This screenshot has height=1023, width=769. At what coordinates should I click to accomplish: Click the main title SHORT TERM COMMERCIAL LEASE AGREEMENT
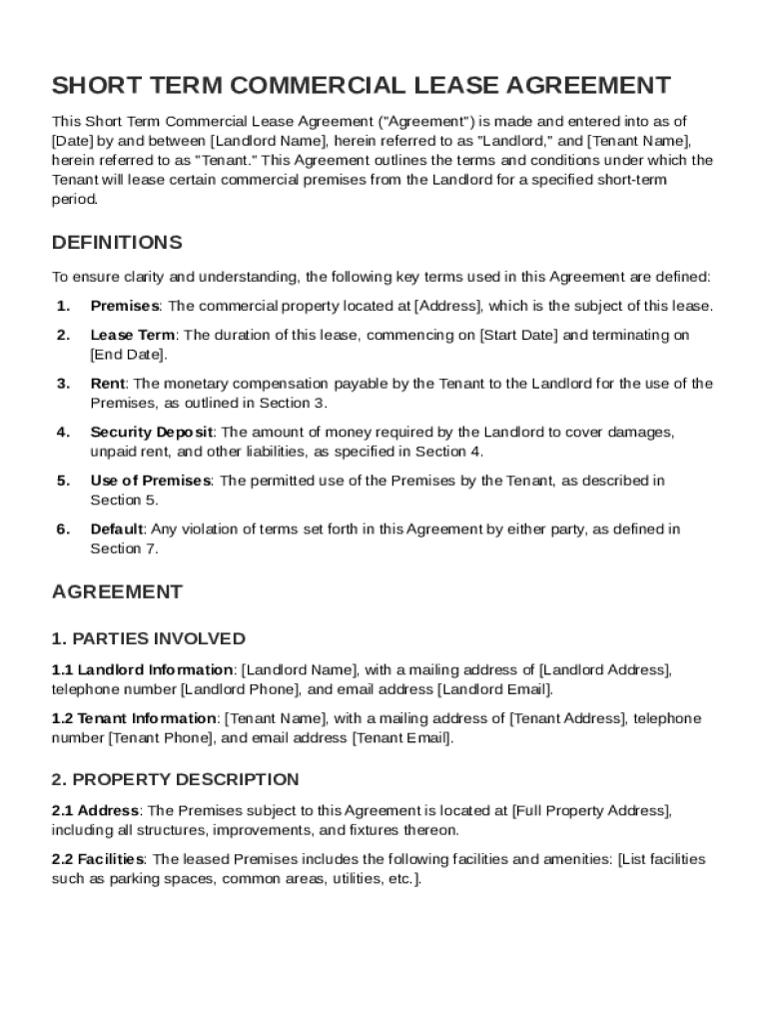(361, 85)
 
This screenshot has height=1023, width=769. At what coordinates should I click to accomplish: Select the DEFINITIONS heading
(117, 243)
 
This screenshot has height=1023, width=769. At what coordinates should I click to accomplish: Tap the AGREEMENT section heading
(117, 591)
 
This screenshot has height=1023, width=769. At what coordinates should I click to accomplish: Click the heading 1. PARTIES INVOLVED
(148, 638)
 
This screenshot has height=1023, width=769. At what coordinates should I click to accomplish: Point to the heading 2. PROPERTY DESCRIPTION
(175, 779)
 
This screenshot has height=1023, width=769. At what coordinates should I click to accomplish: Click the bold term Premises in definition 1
(124, 306)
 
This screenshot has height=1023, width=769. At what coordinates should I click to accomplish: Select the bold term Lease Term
(132, 336)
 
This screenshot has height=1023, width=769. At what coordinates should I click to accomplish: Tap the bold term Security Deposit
(152, 433)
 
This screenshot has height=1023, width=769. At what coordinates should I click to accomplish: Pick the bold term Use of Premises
(150, 481)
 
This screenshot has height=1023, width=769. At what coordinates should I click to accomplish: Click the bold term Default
(117, 529)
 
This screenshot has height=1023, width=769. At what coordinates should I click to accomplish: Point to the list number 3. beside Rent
(63, 384)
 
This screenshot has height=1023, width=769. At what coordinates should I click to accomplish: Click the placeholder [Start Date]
(519, 336)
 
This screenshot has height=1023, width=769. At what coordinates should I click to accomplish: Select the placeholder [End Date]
(128, 355)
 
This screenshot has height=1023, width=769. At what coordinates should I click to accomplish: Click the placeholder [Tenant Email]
(401, 738)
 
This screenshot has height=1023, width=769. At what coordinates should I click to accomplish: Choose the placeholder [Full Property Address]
(590, 810)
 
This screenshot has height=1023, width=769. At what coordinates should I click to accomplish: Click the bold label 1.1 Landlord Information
(142, 669)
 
